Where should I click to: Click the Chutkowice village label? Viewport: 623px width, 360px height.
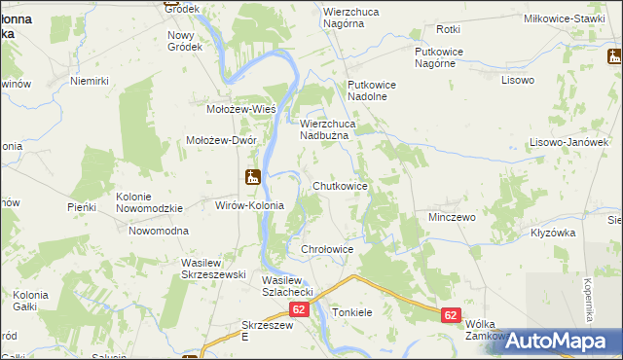coord(340,185)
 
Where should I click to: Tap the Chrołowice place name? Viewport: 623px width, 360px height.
coord(326,250)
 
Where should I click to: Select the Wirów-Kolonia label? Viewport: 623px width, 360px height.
coord(248,205)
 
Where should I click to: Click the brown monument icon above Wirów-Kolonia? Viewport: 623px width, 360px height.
coord(252,178)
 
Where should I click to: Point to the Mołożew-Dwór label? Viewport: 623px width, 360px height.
coord(221,140)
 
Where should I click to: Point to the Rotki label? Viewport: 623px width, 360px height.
coord(448,30)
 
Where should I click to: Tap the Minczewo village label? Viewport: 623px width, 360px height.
coord(452,217)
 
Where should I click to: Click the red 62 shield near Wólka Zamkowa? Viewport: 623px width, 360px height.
coord(450,315)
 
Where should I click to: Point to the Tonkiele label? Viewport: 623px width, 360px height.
coord(352,313)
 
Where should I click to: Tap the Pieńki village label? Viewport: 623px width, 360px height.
coord(82,207)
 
